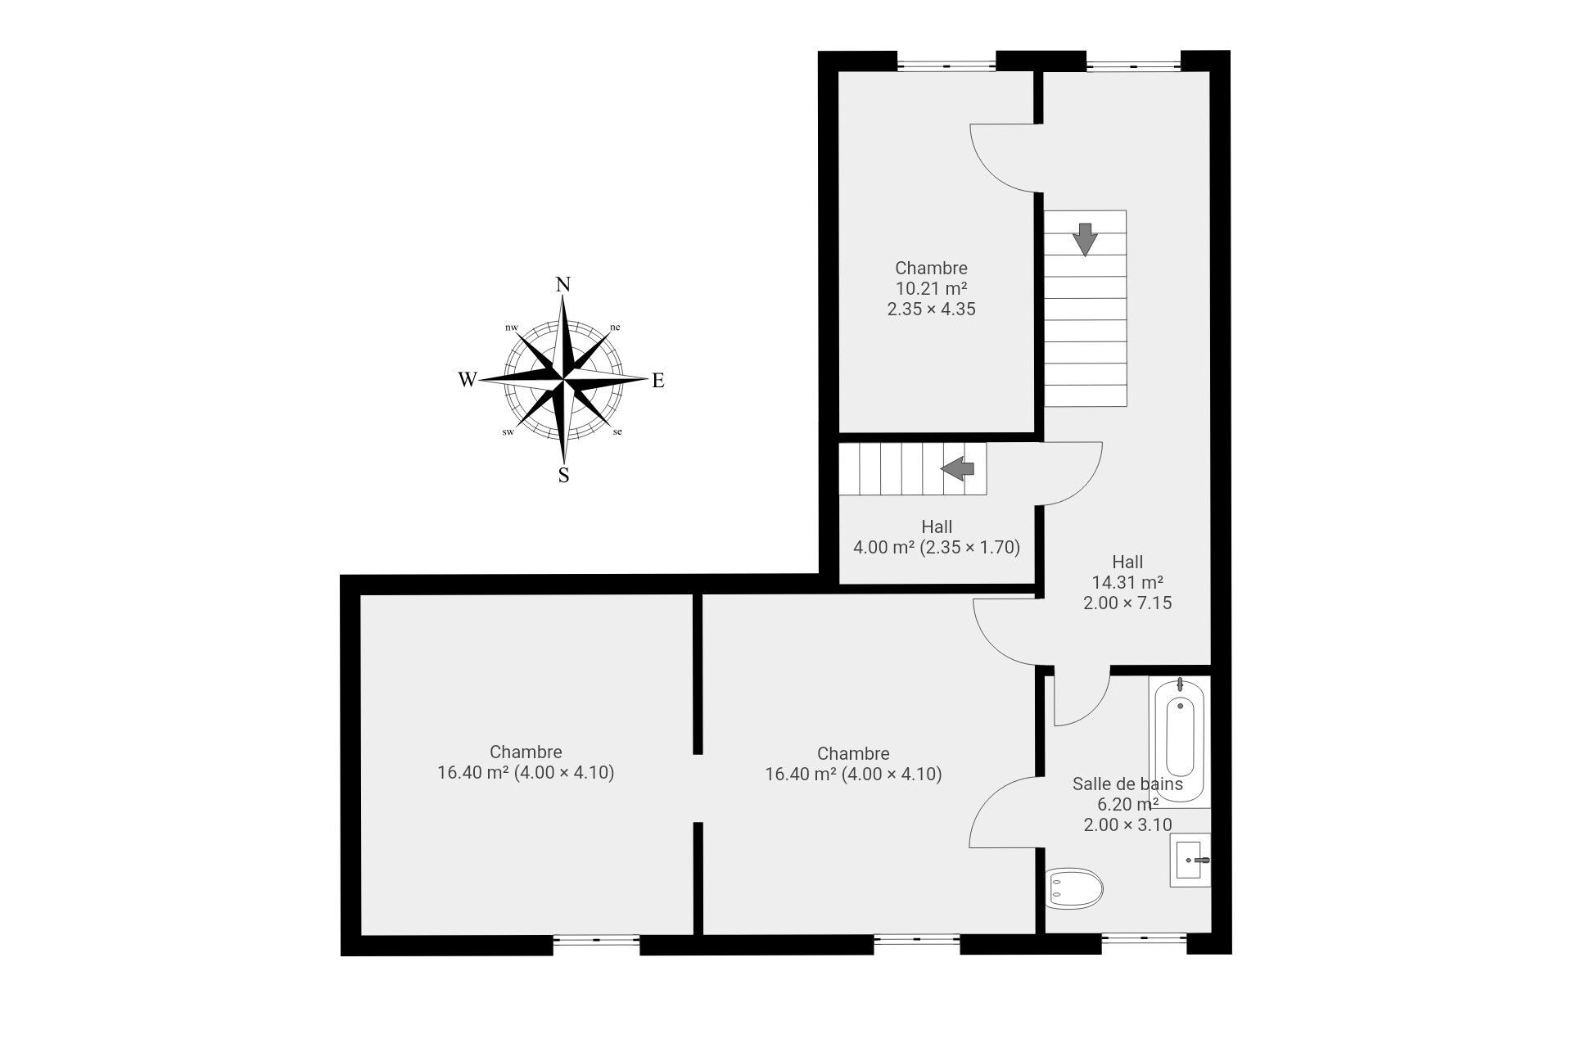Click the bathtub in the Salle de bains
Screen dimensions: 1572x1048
pos(1179,741)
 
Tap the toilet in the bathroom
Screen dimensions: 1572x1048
pos(1075,888)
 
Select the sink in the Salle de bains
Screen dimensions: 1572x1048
pos(1190,861)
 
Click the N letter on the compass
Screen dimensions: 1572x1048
pos(563,285)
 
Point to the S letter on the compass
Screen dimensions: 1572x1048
pos(563,475)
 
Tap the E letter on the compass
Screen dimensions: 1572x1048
pos(657,381)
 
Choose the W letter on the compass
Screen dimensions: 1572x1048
pos(468,379)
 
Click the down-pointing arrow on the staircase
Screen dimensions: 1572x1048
pos(1085,239)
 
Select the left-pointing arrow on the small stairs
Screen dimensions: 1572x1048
pos(957,468)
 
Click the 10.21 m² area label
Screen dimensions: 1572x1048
pos(931,288)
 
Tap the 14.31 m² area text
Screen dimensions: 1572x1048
pos(1127,582)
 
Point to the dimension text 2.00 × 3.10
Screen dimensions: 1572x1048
pos(1127,824)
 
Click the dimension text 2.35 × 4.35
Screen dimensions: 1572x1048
pos(931,309)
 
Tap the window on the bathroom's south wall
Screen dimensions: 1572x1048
pos(1143,943)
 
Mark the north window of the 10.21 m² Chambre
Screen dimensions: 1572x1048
pos(946,61)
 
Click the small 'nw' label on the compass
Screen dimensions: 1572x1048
pos(512,327)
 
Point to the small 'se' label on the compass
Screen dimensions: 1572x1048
pos(617,431)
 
